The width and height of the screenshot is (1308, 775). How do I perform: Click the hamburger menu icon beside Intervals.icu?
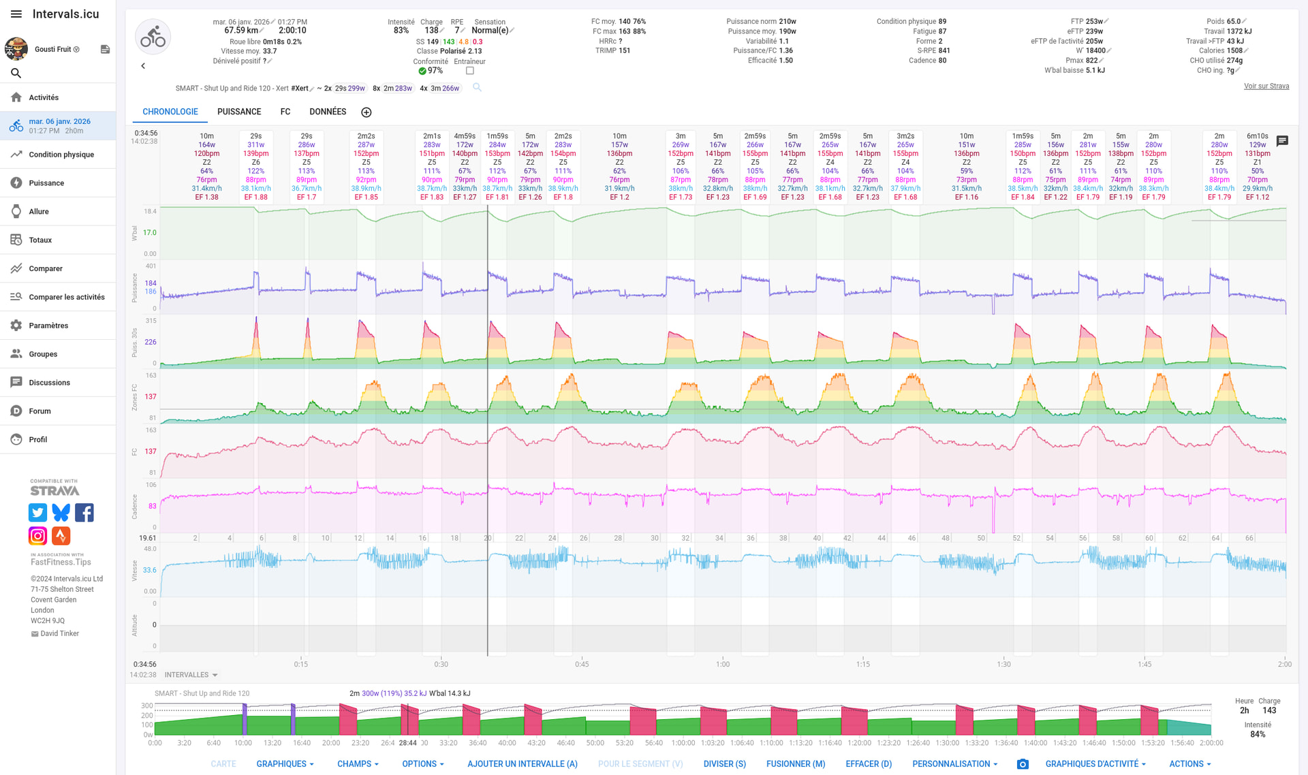coord(16,14)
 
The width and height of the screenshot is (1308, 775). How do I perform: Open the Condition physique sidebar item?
coord(61,155)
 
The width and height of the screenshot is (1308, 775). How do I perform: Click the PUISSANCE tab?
coord(239,112)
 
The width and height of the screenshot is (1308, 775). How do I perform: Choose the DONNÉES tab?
coord(328,112)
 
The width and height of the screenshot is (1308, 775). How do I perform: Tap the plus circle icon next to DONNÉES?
coord(367,112)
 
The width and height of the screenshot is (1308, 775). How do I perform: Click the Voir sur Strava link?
coord(1266,86)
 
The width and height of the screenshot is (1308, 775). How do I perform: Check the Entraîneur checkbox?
coord(470,71)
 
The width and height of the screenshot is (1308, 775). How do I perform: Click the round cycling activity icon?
coord(153,37)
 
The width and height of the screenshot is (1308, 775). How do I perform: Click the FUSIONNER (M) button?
coord(795,764)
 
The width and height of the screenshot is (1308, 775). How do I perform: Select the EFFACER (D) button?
coord(868,764)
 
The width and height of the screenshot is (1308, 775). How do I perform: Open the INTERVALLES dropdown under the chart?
coord(191,675)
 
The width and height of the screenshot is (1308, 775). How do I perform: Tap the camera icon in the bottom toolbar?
coord(1023,764)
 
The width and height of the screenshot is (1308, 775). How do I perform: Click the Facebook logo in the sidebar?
coord(84,512)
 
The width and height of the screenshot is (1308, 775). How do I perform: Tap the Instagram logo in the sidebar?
coord(38,536)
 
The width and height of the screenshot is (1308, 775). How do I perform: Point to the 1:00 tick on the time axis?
coord(723,664)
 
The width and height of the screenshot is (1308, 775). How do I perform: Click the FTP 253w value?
coord(1089,22)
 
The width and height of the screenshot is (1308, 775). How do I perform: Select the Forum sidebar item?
coord(40,411)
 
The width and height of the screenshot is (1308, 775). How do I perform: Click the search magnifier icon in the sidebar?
coord(16,73)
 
